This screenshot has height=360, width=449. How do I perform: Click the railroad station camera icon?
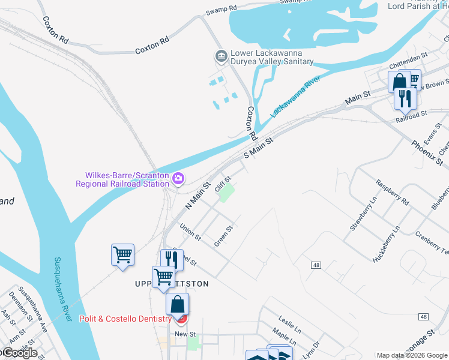tap(178, 178)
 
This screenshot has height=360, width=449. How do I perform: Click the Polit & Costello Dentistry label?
tap(125, 319)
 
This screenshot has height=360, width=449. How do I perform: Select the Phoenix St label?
tap(427, 154)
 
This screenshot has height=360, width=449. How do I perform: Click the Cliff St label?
tap(223, 181)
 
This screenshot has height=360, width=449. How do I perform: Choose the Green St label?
tap(223, 236)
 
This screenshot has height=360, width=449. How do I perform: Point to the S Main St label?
tap(258, 148)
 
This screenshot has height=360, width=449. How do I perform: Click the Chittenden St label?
tap(408, 61)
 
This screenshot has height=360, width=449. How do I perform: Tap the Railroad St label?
tap(411, 115)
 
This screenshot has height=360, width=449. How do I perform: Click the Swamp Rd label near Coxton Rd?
tap(221, 10)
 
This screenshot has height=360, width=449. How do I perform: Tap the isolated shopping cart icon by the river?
tap(123, 256)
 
